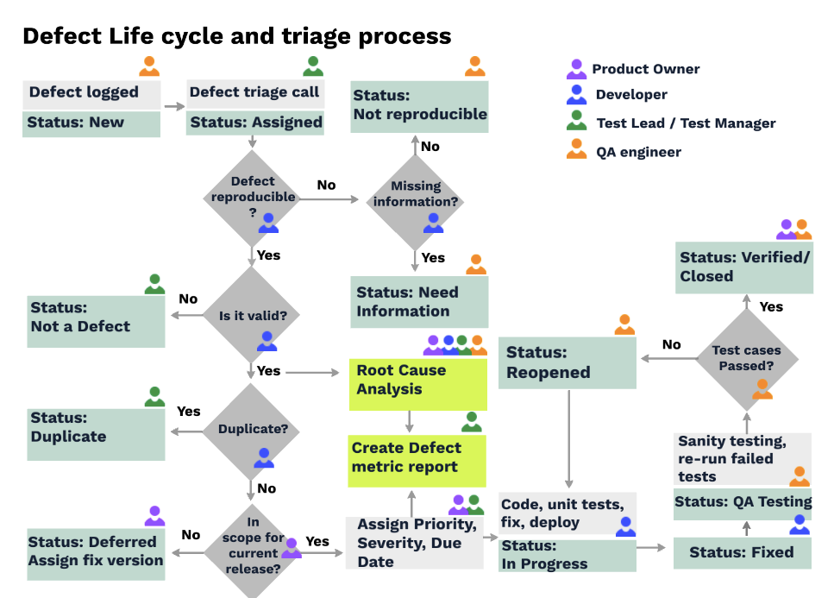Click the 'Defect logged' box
coord(91,93)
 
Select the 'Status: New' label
coord(91,123)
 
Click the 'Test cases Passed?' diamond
coord(747,358)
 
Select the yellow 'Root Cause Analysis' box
coord(418,381)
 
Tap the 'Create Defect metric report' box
coord(418,458)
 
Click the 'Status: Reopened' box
coord(567,362)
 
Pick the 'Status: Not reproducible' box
coord(419,106)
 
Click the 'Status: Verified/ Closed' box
coord(743,267)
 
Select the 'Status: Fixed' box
coord(743,552)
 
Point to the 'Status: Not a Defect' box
coord(96,319)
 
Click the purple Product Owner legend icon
coord(576,70)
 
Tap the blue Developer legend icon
coord(576,95)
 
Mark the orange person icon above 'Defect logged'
coord(149,66)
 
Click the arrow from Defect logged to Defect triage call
coord(174,107)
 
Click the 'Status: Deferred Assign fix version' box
coord(96,551)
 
